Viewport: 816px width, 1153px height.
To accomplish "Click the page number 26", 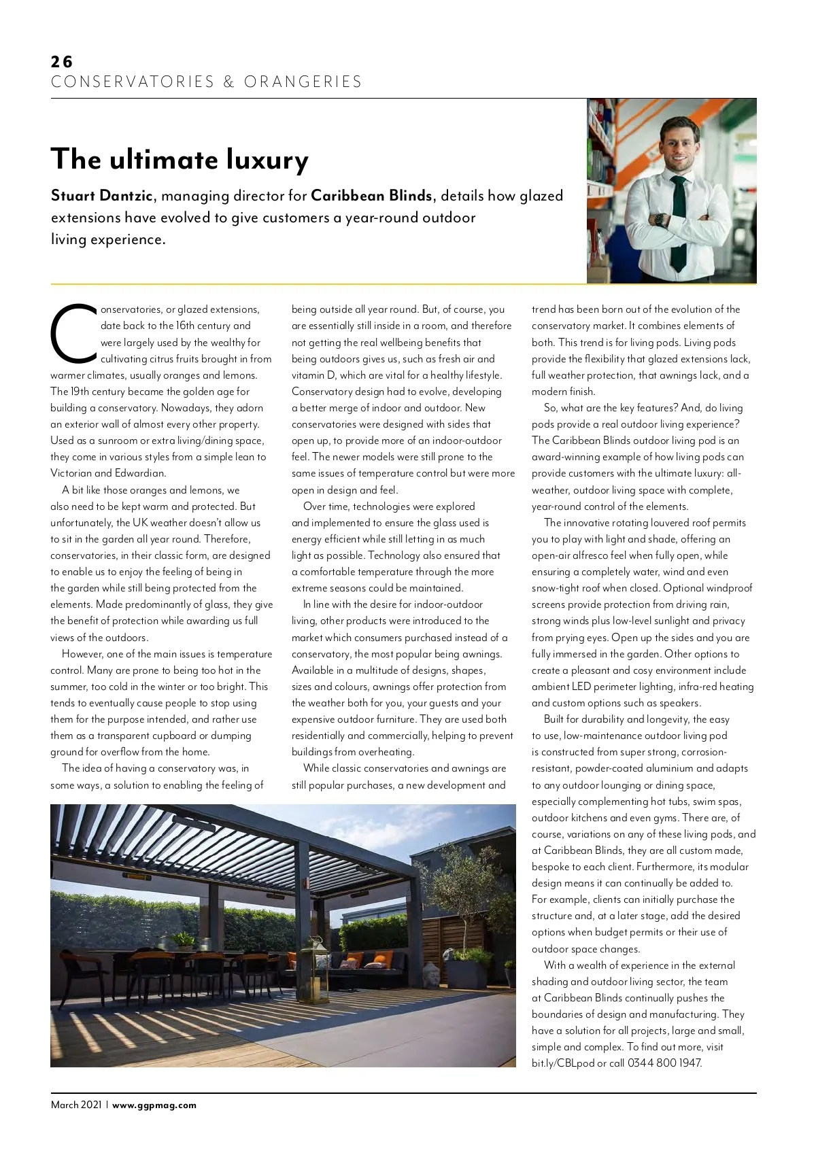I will click(61, 62).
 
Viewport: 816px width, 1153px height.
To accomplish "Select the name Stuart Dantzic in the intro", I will click(102, 196).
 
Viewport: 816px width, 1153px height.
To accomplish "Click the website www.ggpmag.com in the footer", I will click(154, 1105).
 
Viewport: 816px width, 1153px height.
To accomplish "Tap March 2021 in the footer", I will click(76, 1105).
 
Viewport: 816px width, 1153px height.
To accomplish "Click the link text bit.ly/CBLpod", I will click(562, 1063).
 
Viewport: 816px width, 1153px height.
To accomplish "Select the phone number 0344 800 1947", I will click(664, 1063).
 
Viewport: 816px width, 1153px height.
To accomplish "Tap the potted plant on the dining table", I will click(183, 940).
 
